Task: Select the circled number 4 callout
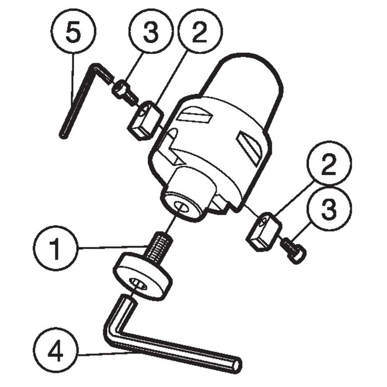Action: (56, 350)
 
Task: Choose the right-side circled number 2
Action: (329, 163)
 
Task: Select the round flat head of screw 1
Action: (142, 276)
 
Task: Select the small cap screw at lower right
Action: (294, 250)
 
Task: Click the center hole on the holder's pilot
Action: (182, 206)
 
